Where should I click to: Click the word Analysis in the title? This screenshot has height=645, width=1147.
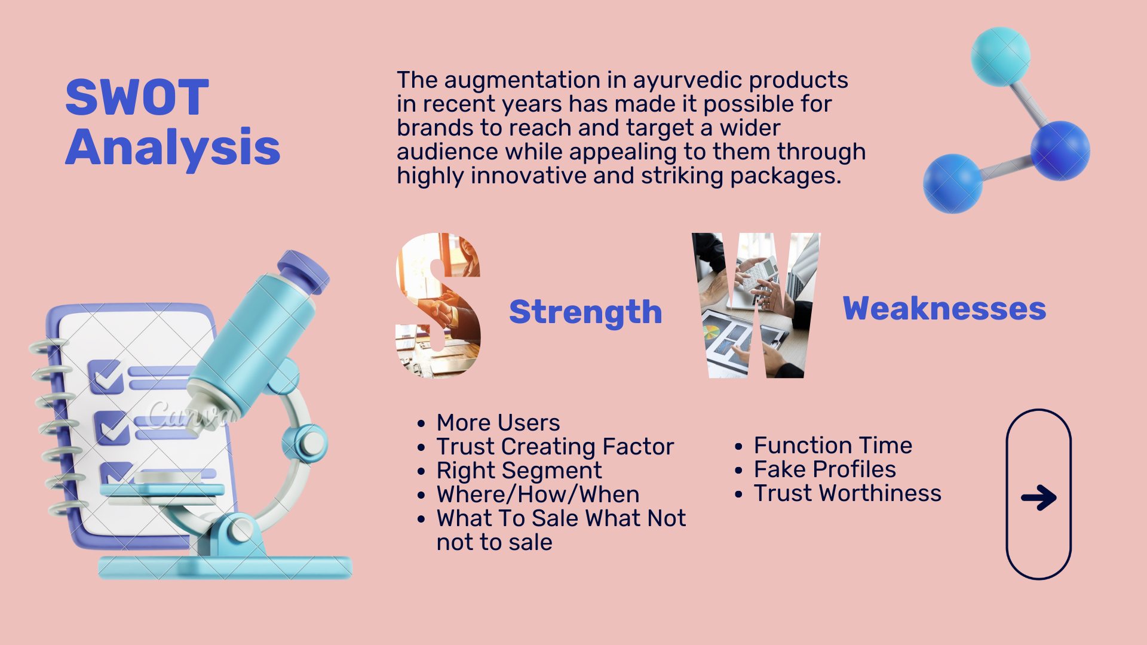(173, 148)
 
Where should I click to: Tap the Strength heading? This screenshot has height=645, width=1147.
(585, 312)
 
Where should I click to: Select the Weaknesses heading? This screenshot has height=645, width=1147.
(944, 309)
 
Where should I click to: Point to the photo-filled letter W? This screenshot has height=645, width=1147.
(756, 305)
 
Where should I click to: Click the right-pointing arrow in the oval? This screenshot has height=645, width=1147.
(1039, 497)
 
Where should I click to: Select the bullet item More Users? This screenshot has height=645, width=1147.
(498, 423)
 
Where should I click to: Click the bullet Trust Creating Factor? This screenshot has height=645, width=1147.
(555, 447)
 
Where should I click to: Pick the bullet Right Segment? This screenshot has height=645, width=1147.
(519, 471)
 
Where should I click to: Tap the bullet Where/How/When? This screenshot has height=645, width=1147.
(538, 494)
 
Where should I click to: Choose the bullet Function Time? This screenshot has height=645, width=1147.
(833, 446)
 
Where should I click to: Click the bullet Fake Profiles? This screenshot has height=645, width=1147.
(824, 469)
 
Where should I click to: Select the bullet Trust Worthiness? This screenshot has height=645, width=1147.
(847, 493)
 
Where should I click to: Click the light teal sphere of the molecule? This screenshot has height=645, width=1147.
(1001, 57)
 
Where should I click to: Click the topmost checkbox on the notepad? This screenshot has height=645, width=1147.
(106, 376)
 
